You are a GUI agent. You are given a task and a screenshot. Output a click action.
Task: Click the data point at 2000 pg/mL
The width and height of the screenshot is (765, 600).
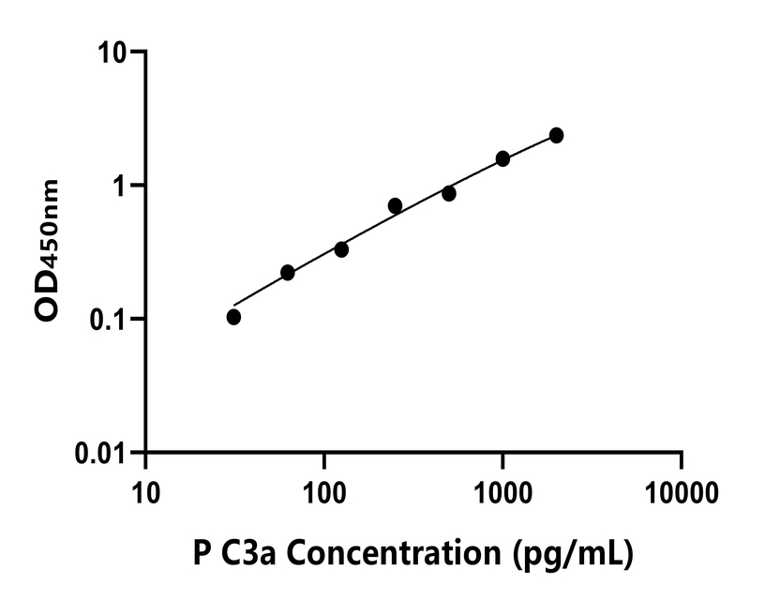tap(556, 136)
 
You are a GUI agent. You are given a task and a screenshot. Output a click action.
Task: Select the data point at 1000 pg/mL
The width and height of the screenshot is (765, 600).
tap(502, 158)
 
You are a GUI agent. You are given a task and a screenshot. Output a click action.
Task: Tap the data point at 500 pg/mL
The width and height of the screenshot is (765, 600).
tap(449, 193)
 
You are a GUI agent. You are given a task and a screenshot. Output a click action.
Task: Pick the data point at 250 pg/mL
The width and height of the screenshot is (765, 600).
tap(395, 205)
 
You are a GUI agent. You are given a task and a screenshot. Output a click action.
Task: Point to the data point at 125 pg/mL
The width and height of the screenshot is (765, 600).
tap(341, 249)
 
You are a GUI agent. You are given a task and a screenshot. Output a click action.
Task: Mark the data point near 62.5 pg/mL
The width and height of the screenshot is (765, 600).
tap(288, 273)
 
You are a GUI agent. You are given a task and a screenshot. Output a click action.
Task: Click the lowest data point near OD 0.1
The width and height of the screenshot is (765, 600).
tap(233, 317)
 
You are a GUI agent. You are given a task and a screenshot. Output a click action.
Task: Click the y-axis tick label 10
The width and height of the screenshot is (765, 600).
tap(115, 53)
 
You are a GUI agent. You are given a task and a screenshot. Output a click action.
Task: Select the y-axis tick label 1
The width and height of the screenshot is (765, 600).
tap(122, 187)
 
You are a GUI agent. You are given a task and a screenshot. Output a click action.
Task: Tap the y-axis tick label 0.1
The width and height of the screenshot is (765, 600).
tap(111, 320)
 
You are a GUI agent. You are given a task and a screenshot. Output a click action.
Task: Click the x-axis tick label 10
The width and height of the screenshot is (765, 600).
tap(145, 490)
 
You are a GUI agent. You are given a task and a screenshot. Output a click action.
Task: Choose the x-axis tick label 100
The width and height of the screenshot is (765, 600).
tap(323, 490)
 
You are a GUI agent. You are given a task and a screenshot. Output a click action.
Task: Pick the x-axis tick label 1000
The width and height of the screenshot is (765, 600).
tap(502, 490)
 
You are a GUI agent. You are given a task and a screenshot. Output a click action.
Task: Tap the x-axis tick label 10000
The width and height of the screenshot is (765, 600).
tap(682, 490)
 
